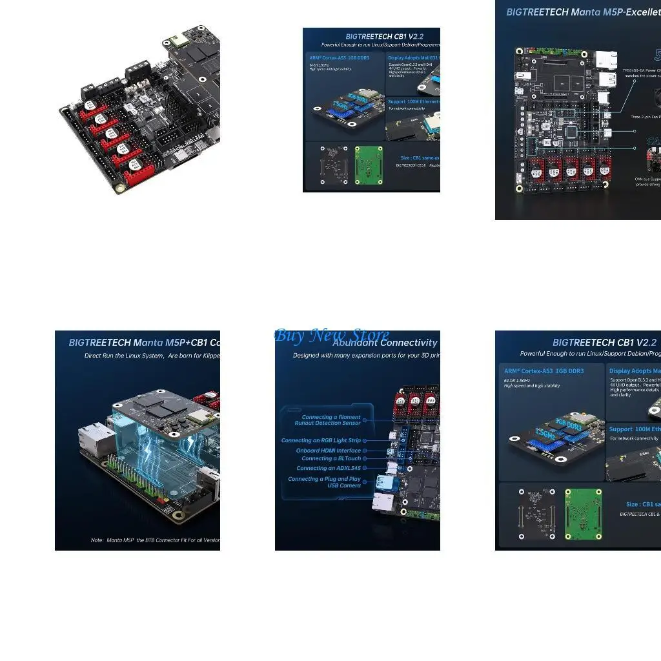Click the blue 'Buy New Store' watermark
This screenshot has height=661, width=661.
coord(332,336)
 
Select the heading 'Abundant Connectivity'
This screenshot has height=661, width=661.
coord(385,343)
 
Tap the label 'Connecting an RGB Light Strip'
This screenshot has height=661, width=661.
coord(321,440)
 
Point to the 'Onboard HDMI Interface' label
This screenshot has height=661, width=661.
coord(328,451)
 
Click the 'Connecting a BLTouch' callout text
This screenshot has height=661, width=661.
coord(331,458)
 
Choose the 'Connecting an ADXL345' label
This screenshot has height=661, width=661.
coord(329,468)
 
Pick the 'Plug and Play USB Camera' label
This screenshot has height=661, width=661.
coord(324,482)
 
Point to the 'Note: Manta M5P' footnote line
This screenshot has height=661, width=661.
coord(155,540)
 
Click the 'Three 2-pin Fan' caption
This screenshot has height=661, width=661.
coord(645,117)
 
